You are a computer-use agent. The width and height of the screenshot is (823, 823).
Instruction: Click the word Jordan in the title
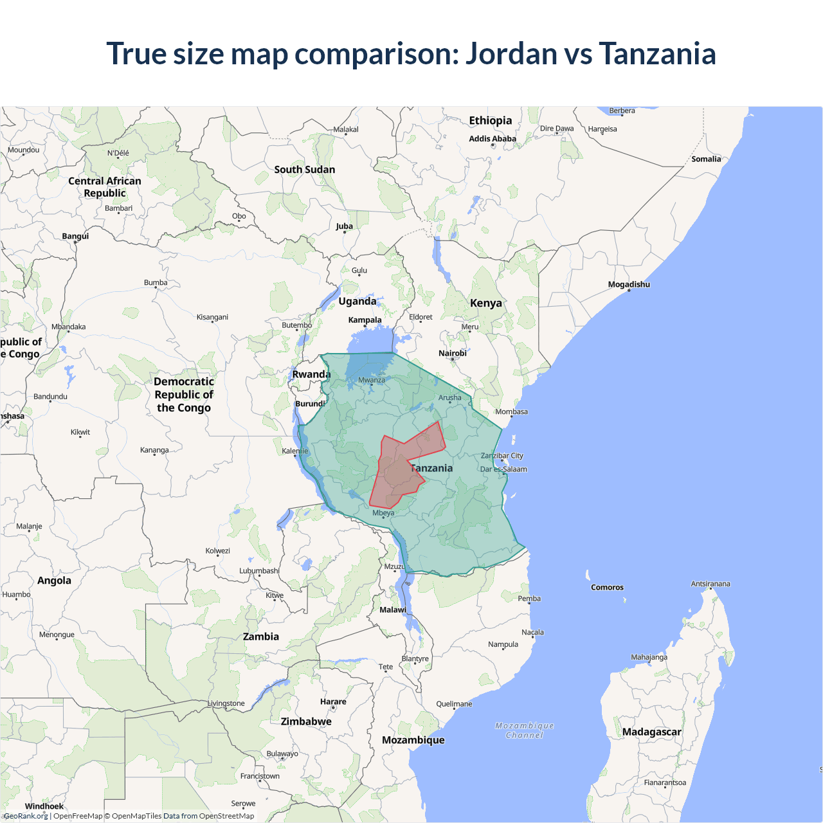(511, 53)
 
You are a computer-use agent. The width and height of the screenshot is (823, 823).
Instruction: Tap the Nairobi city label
(453, 354)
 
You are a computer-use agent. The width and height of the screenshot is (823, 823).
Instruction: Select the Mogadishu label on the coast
(629, 284)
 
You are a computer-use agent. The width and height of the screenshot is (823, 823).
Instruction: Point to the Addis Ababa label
(493, 139)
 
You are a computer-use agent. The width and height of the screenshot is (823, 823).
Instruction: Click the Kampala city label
(365, 320)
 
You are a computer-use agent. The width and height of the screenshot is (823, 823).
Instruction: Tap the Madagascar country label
(651, 732)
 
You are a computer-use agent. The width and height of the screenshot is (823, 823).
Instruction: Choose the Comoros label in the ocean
(607, 588)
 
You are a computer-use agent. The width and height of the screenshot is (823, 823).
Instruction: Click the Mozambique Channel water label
(525, 730)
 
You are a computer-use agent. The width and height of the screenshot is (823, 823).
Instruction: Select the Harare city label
(333, 702)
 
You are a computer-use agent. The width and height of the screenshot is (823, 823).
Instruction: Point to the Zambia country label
(261, 637)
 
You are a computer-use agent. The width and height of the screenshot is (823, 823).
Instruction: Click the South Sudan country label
(305, 170)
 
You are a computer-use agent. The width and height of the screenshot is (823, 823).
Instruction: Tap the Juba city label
(344, 226)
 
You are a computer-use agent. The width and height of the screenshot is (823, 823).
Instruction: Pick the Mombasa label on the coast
(511, 411)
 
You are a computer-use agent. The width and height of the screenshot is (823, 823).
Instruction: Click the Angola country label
(54, 581)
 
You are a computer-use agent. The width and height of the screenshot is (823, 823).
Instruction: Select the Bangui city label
(75, 236)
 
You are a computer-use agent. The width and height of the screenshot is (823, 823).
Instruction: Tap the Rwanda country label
(311, 374)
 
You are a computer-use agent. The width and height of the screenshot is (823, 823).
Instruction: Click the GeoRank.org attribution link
(26, 816)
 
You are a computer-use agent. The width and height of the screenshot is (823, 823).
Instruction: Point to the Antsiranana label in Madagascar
(710, 584)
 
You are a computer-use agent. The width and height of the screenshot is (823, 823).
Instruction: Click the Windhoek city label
(44, 806)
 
